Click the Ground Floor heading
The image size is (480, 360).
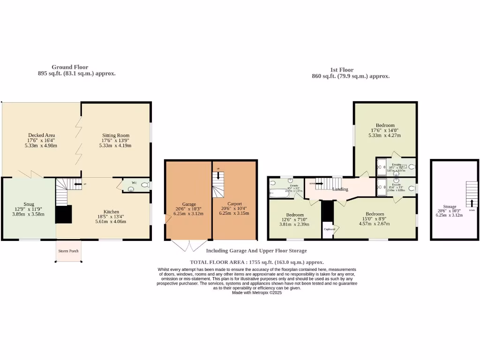tap(70, 67)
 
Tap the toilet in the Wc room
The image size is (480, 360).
tap(144, 186)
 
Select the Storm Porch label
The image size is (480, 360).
tap(68, 251)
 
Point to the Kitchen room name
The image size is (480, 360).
tap(111, 211)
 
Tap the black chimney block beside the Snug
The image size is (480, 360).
tap(64, 214)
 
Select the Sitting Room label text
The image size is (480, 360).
tap(115, 135)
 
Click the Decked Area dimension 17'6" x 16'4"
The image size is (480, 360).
tap(41, 140)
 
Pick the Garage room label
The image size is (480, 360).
tap(189, 204)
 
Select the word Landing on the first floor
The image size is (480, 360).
tap(340, 189)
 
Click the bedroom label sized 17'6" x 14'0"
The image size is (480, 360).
tap(385, 125)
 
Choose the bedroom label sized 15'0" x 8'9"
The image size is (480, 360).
tap(375, 214)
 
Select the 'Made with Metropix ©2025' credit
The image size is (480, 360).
tap(256, 292)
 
